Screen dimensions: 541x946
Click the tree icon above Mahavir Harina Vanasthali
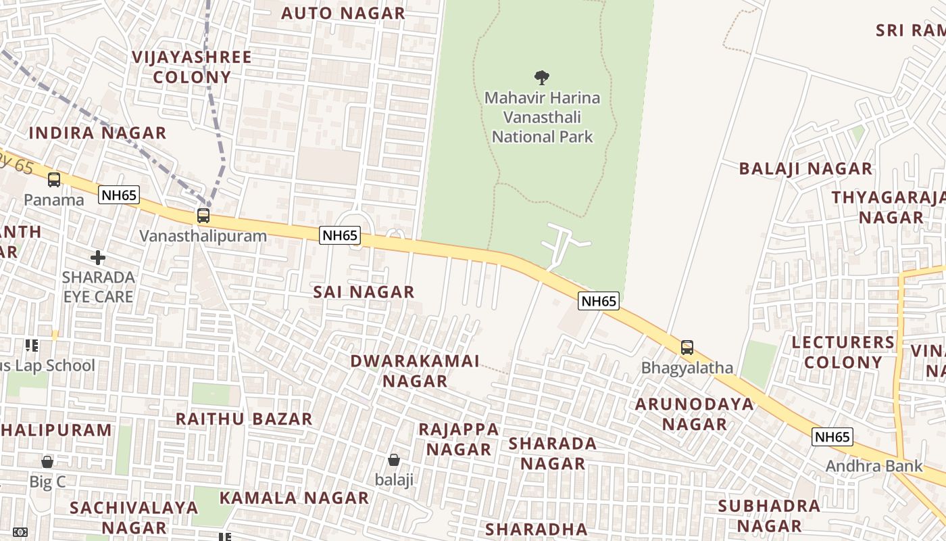[x=541, y=77]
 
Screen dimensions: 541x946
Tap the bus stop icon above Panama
[x=54, y=180]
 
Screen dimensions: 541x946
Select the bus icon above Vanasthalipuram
[x=203, y=216]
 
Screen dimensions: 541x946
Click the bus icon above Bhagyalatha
[x=687, y=348]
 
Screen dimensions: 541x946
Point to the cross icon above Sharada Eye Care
[x=98, y=258]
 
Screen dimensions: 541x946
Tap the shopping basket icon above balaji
[x=394, y=460]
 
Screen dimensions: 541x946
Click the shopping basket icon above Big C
[x=47, y=462]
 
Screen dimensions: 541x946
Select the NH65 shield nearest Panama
[x=118, y=195]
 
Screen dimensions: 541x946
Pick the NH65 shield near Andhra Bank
[x=832, y=437]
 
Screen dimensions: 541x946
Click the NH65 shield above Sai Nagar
[x=340, y=235]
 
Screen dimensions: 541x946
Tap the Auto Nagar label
[x=343, y=13]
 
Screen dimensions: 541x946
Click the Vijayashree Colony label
[x=192, y=67]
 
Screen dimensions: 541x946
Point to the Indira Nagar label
[x=97, y=133]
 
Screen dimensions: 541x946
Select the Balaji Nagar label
[x=805, y=168]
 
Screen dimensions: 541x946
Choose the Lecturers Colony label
[x=843, y=352]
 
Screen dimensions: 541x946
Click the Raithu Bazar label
[x=244, y=419]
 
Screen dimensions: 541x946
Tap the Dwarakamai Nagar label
[x=415, y=371]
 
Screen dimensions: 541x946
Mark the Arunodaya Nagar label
[x=695, y=414]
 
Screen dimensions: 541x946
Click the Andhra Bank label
[x=874, y=466]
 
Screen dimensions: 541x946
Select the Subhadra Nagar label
[x=769, y=516]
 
